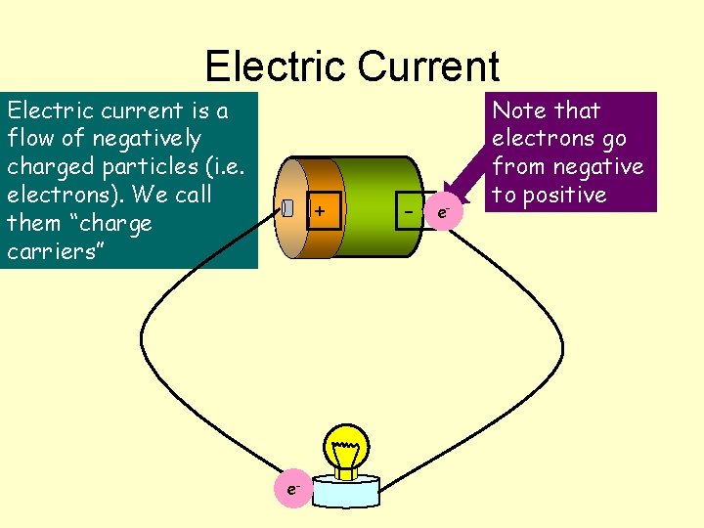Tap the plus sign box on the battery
[x=321, y=209]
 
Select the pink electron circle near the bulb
[x=292, y=487]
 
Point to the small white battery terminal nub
[x=287, y=208]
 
